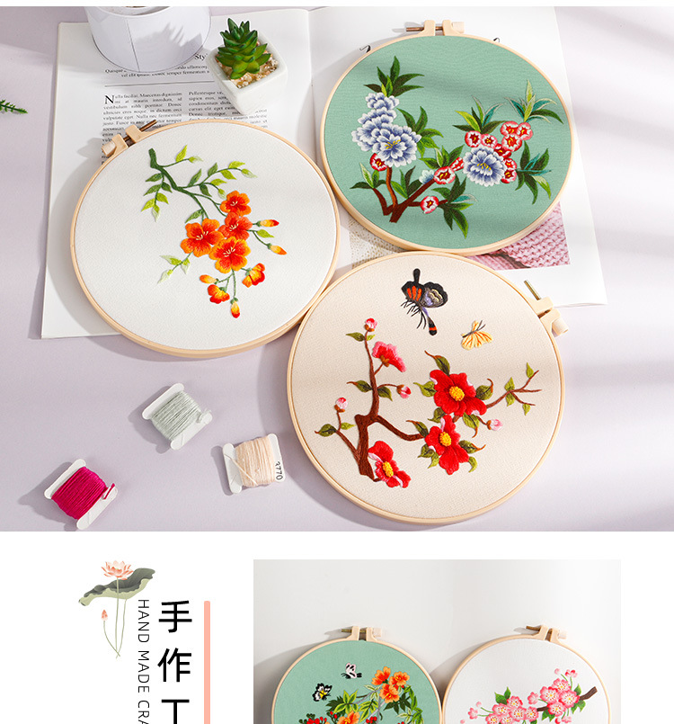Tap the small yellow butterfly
[x=475, y=335]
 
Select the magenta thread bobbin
[x=80, y=493]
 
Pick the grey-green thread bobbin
[x=178, y=415]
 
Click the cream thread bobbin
[x=253, y=462]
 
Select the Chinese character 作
[x=175, y=666]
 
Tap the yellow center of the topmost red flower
[x=456, y=393]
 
